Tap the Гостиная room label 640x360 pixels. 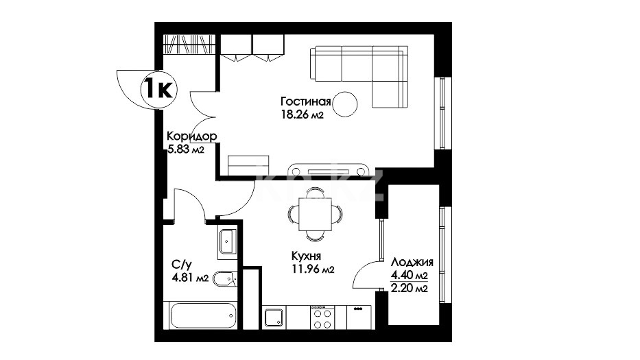pos(305,101)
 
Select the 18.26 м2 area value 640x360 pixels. pos(302,115)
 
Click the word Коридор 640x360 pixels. pos(192,136)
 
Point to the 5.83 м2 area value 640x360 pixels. pos(186,149)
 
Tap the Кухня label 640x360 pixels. pos(306,256)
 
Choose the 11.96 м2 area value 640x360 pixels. pos(313,269)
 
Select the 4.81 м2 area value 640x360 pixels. pos(190,278)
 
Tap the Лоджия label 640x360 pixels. pos(412,262)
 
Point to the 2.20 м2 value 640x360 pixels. pos(409,289)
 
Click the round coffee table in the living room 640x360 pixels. pos(345,104)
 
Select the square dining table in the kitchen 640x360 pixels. pos(315,214)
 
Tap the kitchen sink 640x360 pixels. pos(274,317)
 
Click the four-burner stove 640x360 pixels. pos(322,317)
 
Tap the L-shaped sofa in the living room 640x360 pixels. pos(359,76)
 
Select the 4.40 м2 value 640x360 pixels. pos(409,275)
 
